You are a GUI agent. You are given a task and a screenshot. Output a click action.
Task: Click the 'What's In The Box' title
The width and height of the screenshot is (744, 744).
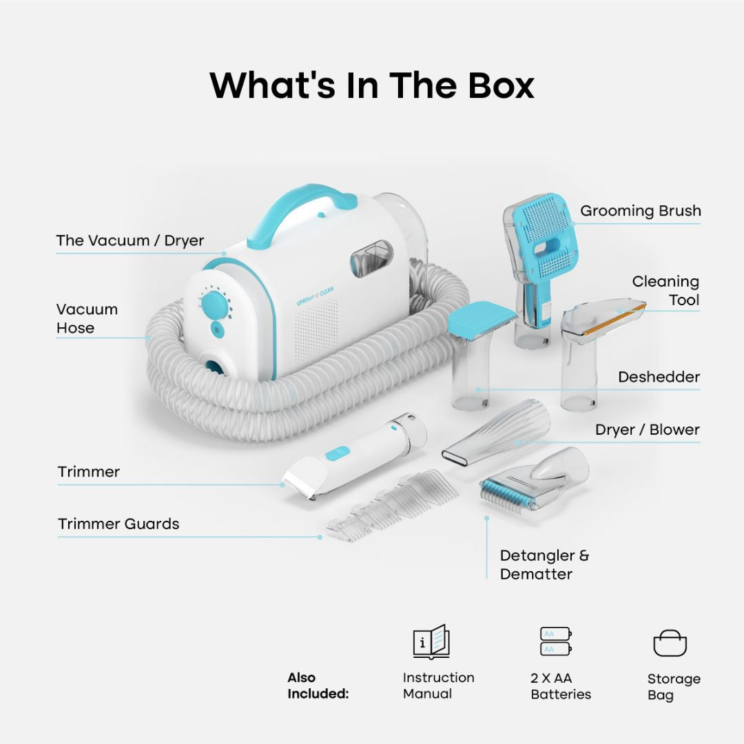[x=372, y=85]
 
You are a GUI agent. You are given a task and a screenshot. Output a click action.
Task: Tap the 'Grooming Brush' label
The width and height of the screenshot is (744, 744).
[x=640, y=211]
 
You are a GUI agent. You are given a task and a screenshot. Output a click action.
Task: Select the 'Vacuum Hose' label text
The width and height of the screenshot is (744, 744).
[x=87, y=318]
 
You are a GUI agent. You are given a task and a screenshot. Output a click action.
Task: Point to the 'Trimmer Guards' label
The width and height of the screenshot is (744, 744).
[x=118, y=524]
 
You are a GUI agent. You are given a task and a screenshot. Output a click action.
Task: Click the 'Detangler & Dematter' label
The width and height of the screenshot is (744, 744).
[x=544, y=565]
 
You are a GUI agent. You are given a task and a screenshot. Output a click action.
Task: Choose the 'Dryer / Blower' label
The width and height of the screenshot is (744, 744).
[x=647, y=429]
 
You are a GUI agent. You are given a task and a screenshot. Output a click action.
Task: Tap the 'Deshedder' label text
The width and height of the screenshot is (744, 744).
[x=659, y=377]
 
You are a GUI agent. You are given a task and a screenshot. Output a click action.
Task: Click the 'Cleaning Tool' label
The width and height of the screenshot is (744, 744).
[x=665, y=291]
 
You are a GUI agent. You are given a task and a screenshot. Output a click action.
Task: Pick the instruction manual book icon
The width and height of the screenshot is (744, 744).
[x=431, y=641]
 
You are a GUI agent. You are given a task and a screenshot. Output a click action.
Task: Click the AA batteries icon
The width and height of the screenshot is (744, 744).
[x=556, y=641]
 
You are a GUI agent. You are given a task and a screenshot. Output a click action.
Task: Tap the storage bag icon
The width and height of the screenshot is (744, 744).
[x=670, y=643]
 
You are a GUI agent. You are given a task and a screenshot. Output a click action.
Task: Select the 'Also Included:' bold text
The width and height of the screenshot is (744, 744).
[x=318, y=685]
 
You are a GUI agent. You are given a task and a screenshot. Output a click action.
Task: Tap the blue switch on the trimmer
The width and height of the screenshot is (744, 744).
[x=338, y=454]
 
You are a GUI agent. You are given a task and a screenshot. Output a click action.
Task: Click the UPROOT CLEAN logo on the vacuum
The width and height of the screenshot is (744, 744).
[x=315, y=296]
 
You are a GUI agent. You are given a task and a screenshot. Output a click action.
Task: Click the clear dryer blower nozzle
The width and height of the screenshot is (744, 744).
[x=496, y=432]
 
